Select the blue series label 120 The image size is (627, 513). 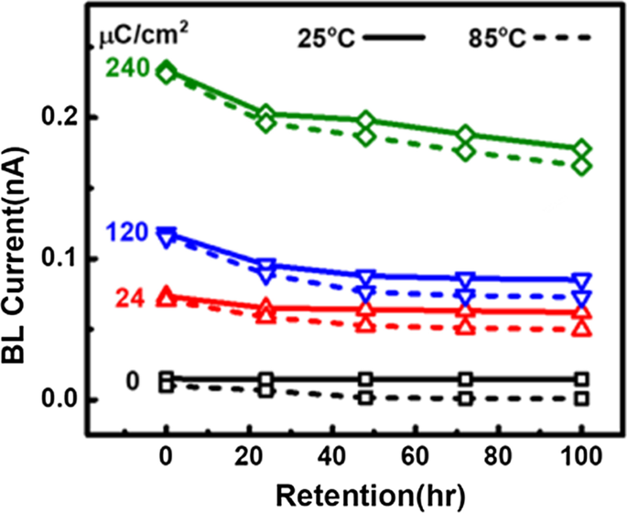(127, 233)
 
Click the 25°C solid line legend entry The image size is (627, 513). (362, 38)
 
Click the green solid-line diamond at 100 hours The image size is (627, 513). (581, 149)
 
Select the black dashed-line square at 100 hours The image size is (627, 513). (581, 398)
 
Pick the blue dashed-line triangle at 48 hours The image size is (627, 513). (365, 293)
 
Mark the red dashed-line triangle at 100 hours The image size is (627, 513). (581, 327)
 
